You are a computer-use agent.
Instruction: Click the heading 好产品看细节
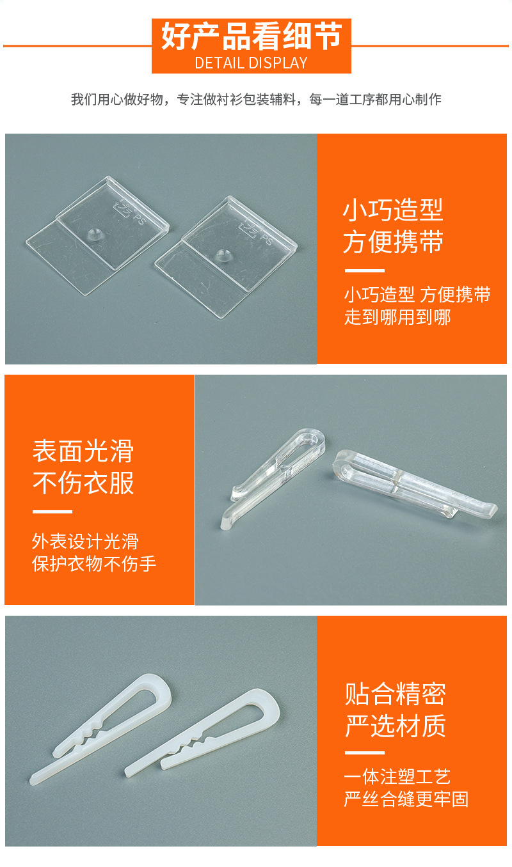tap(251, 36)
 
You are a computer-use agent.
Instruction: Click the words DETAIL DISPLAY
tap(251, 63)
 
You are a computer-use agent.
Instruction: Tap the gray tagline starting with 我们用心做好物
tap(256, 100)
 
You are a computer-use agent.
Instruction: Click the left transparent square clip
tap(96, 237)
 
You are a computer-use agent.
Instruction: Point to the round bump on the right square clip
tap(224, 254)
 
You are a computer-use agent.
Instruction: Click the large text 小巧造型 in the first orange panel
tap(393, 210)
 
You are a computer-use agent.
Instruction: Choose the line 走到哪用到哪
tap(397, 317)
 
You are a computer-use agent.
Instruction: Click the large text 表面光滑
tap(83, 451)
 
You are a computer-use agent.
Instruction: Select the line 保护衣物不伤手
tap(94, 564)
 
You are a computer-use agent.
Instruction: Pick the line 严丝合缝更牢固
tap(406, 799)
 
